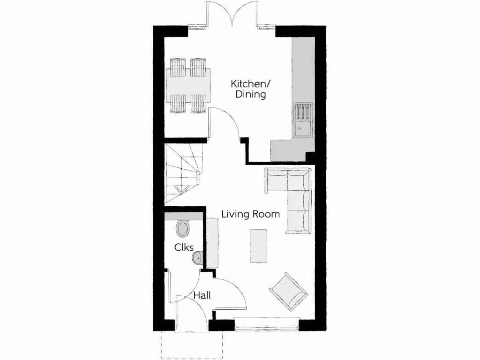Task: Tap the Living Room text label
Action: click(x=250, y=214)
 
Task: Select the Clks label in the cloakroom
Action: click(x=184, y=247)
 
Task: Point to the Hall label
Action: click(x=202, y=295)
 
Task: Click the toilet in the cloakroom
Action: click(x=183, y=228)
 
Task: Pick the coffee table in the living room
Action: click(x=258, y=246)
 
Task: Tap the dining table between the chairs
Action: click(x=188, y=85)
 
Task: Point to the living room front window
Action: click(x=266, y=324)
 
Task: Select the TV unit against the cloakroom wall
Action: click(x=212, y=244)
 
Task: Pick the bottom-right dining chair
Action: click(x=198, y=104)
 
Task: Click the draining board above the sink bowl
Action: click(x=302, y=111)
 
